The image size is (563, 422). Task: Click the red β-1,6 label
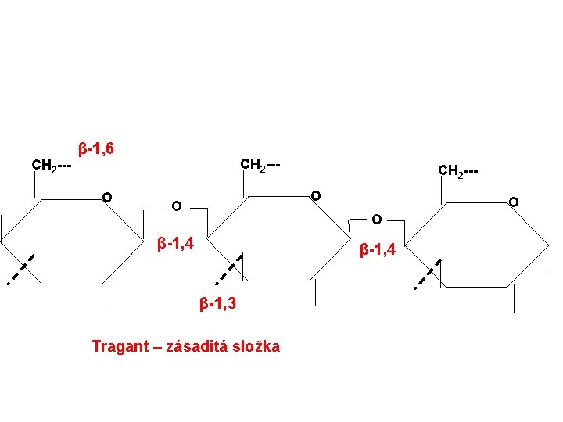(96, 148)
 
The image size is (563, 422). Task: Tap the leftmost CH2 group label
(52, 166)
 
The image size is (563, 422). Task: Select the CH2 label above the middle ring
(260, 166)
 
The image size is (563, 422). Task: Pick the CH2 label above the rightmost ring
(458, 170)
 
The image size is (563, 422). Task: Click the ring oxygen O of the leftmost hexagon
(106, 196)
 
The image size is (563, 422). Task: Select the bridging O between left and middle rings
(177, 207)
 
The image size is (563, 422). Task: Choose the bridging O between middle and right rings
(377, 219)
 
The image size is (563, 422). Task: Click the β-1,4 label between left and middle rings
(177, 243)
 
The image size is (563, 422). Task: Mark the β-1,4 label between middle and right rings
(378, 251)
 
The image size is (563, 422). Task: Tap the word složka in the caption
(255, 346)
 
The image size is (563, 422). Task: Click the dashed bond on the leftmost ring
(19, 270)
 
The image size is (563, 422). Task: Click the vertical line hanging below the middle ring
(315, 292)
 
